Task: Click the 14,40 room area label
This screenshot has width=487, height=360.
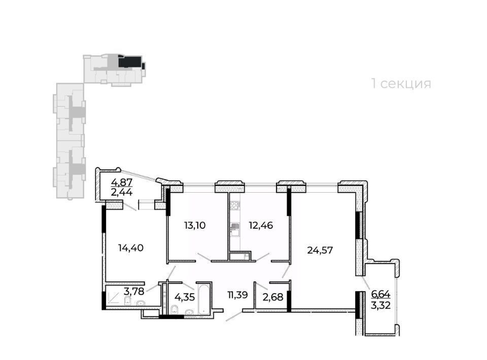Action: click(131, 247)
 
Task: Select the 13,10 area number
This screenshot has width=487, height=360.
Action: click(195, 225)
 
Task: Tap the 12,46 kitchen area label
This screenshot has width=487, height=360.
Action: click(261, 225)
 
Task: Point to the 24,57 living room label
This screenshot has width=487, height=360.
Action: click(320, 250)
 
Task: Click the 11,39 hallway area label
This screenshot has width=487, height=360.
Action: click(237, 295)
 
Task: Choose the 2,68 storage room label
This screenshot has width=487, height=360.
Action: click(273, 297)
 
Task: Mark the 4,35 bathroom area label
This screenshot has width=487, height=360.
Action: click(185, 297)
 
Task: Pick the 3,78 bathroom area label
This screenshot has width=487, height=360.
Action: click(134, 292)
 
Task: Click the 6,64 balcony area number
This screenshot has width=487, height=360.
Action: click(381, 294)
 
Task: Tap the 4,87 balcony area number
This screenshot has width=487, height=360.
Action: click(122, 182)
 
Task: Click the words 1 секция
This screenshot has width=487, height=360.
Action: click(401, 84)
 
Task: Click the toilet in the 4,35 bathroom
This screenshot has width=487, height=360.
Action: click(174, 309)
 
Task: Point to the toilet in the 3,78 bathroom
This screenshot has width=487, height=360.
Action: click(127, 301)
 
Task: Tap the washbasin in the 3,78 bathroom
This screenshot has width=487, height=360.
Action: click(141, 303)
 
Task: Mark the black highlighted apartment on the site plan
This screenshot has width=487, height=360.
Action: click(131, 62)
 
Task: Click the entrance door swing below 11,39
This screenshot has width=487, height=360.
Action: click(234, 316)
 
